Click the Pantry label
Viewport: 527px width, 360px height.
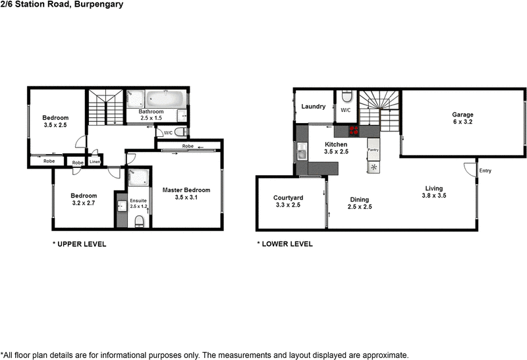click(373, 150)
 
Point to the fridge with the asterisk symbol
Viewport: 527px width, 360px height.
click(374, 167)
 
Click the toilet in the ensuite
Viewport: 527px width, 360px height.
click(139, 222)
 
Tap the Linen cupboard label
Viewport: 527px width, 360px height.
click(95, 161)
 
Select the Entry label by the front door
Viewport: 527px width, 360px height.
click(485, 171)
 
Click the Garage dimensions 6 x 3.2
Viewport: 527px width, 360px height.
click(462, 122)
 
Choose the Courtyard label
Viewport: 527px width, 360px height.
click(288, 197)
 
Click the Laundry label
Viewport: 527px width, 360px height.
click(313, 107)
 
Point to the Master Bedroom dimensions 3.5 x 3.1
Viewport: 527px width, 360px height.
click(186, 198)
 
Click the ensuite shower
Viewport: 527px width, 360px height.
click(139, 178)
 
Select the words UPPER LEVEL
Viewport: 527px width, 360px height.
click(82, 244)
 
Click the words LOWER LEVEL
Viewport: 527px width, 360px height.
click(288, 244)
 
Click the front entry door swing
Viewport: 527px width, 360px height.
click(470, 167)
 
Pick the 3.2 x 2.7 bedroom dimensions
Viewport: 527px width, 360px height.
click(84, 203)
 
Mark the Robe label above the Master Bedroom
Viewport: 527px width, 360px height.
click(188, 146)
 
